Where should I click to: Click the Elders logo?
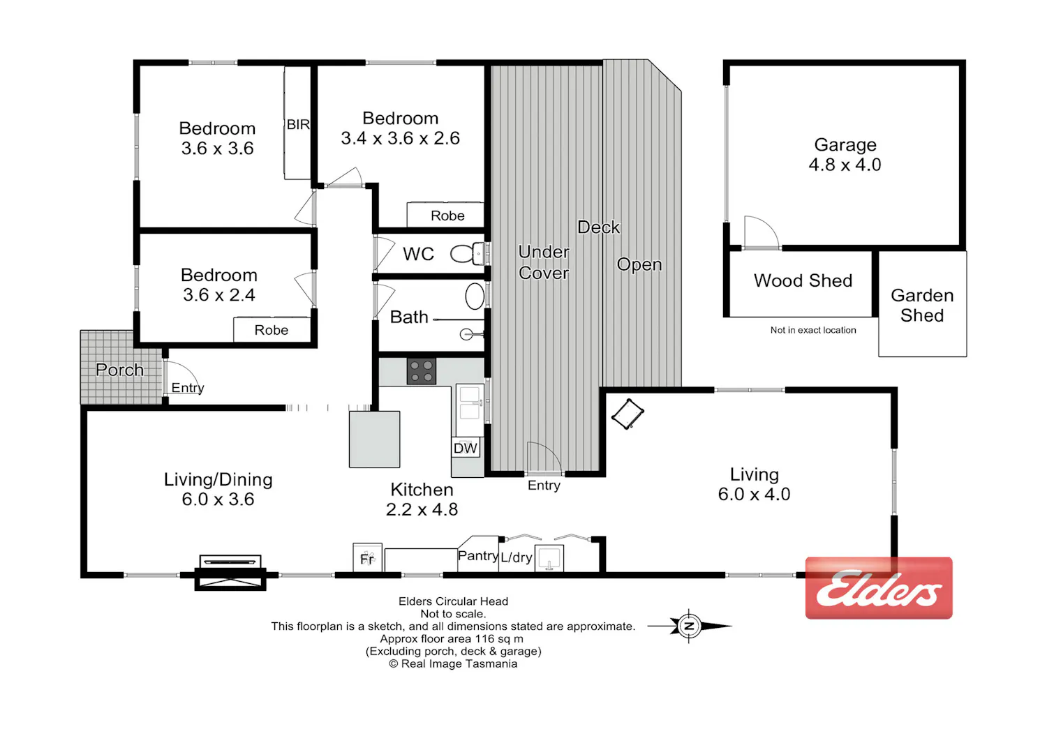click(x=879, y=587)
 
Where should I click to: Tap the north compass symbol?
click(x=690, y=626)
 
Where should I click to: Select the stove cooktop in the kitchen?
click(x=421, y=371)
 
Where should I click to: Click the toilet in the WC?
click(x=468, y=254)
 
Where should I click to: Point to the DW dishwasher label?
click(x=465, y=449)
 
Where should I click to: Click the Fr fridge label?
click(x=367, y=559)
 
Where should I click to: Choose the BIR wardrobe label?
click(x=298, y=125)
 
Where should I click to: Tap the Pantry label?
click(x=477, y=556)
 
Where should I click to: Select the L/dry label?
click(x=517, y=557)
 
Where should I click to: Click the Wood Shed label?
click(x=803, y=280)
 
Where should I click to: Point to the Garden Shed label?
click(x=922, y=306)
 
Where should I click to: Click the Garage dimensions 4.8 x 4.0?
click(x=845, y=165)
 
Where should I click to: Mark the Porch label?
click(x=119, y=370)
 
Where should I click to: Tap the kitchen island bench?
click(x=374, y=439)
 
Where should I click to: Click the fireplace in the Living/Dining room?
click(x=230, y=573)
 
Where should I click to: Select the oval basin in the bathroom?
click(x=475, y=296)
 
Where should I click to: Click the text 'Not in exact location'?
click(x=813, y=330)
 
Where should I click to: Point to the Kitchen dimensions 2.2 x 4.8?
click(x=422, y=509)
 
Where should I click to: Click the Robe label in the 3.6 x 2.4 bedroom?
click(x=271, y=330)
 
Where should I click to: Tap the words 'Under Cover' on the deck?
click(x=544, y=262)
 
